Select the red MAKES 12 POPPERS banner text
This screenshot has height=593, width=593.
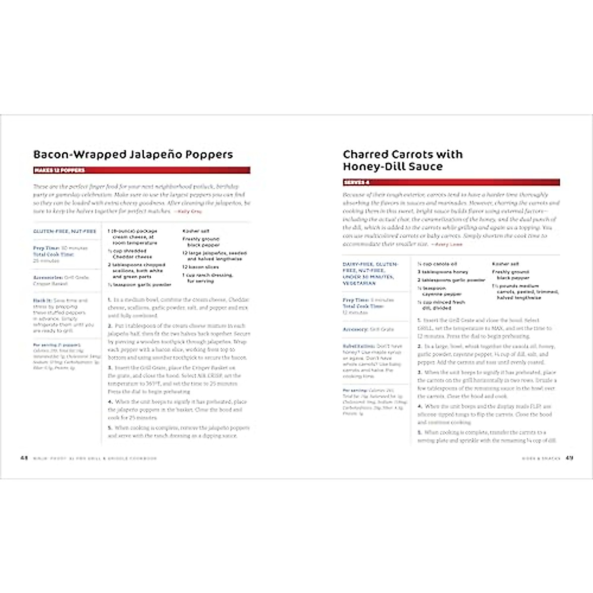(59, 170)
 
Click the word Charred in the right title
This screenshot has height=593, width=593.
(365, 155)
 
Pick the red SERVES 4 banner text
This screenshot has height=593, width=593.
(357, 183)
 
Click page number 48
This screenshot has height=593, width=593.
(24, 458)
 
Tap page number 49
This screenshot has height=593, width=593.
(569, 458)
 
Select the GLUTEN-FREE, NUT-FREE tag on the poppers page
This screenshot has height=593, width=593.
(65, 231)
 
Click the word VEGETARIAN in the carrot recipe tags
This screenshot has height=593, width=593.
(359, 283)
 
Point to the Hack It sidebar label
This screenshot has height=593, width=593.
(42, 300)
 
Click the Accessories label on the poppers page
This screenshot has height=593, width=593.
(47, 277)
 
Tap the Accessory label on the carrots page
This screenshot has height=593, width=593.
(355, 329)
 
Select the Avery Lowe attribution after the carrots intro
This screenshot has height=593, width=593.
(448, 244)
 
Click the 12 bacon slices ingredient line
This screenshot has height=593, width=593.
(201, 267)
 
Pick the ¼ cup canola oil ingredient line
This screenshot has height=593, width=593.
(437, 264)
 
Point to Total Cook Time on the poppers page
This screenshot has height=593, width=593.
(53, 254)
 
